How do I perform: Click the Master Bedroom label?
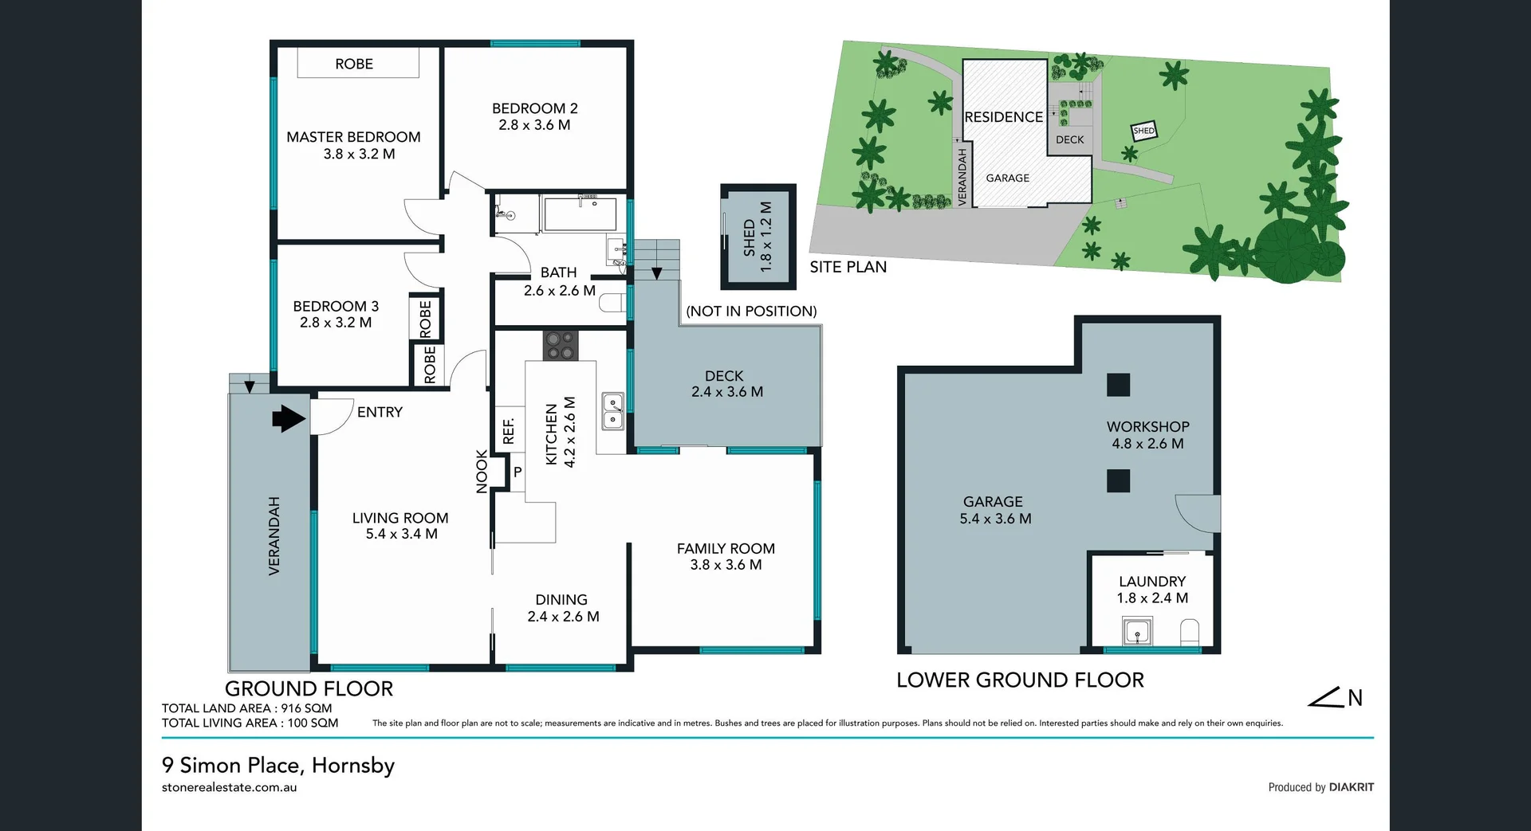pyautogui.click(x=353, y=137)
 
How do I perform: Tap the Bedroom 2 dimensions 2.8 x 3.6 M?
pyautogui.click(x=534, y=125)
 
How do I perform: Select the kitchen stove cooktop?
pyautogui.click(x=560, y=346)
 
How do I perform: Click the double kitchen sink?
pyautogui.click(x=612, y=410)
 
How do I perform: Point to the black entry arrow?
pyautogui.click(x=289, y=418)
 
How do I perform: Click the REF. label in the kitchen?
pyautogui.click(x=508, y=431)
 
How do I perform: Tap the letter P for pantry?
pyautogui.click(x=517, y=472)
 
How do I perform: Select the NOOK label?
pyautogui.click(x=482, y=472)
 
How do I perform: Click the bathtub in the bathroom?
pyautogui.click(x=579, y=214)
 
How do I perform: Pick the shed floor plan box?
pyautogui.click(x=758, y=237)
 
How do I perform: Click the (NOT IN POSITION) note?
pyautogui.click(x=751, y=312)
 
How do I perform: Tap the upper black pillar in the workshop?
pyautogui.click(x=1118, y=385)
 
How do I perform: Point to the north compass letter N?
pyautogui.click(x=1355, y=699)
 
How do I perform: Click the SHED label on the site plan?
pyautogui.click(x=1143, y=131)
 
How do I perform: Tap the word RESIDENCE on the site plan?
pyautogui.click(x=1003, y=117)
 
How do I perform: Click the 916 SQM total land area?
pyautogui.click(x=306, y=708)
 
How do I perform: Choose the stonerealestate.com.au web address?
pyautogui.click(x=230, y=787)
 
